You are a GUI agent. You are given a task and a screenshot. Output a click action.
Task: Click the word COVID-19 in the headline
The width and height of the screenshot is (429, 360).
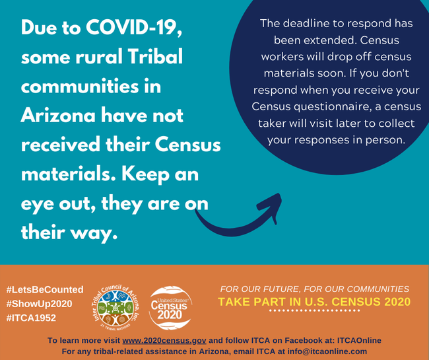click(x=134, y=27)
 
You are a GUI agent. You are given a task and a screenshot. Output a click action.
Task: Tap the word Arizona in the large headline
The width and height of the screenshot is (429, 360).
click(x=58, y=115)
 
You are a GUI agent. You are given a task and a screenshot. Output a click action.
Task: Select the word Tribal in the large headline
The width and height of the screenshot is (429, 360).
click(x=155, y=56)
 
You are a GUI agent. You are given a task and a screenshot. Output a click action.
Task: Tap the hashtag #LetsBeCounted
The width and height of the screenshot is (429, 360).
click(x=45, y=289)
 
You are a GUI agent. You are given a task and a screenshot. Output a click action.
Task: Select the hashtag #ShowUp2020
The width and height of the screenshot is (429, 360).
click(x=39, y=304)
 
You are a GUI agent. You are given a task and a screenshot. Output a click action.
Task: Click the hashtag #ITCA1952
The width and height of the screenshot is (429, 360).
click(x=31, y=318)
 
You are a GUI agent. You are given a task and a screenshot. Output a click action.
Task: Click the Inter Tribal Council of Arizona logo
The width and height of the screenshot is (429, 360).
click(x=115, y=307)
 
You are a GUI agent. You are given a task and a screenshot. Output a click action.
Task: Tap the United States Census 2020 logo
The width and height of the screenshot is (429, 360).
click(x=170, y=308)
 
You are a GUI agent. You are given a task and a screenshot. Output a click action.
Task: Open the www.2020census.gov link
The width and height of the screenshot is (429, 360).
click(x=164, y=340)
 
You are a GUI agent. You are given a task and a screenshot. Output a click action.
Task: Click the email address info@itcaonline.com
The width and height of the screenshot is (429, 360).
click(x=327, y=351)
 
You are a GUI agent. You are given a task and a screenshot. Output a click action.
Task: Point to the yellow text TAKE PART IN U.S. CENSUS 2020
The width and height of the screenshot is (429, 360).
click(x=314, y=302)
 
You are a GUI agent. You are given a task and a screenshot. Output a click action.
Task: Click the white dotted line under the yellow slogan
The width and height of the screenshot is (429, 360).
click(x=314, y=310)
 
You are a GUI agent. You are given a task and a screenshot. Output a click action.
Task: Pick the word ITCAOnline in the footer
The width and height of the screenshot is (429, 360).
click(x=359, y=340)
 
